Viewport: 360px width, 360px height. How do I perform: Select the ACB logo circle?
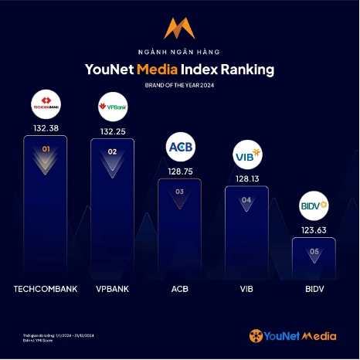pos(179,146)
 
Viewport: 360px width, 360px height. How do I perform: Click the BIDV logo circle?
pos(314,207)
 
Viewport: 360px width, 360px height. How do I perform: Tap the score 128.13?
pos(246,178)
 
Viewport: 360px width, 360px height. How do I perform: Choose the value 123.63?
pos(314,229)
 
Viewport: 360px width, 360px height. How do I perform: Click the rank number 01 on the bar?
pos(45,149)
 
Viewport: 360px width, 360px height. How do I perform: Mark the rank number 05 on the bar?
pos(314,251)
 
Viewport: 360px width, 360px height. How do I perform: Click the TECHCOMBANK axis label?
pos(45,290)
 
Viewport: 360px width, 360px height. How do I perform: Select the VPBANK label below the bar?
pos(112,290)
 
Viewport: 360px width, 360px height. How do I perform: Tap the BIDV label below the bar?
pos(314,290)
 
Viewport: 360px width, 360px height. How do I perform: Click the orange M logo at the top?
pos(179,28)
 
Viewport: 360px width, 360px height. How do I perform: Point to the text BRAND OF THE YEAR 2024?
pos(179,85)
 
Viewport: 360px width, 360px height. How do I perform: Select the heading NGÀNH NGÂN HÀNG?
pos(179,51)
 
